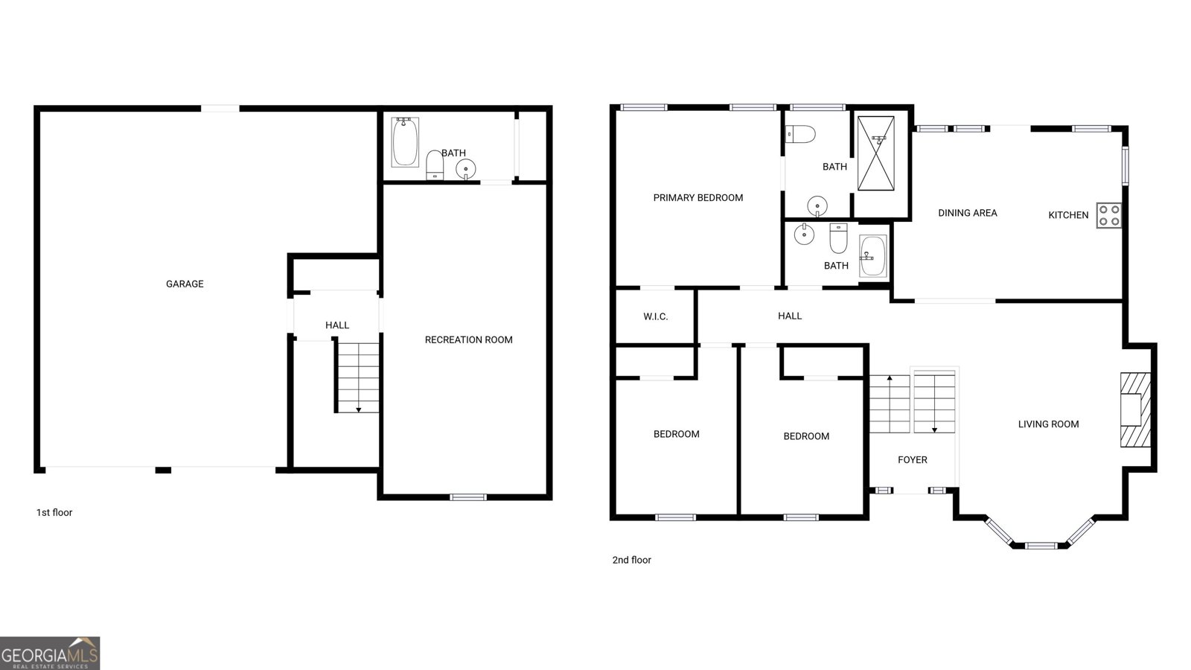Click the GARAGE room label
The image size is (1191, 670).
click(x=185, y=284)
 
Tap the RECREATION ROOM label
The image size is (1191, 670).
click(x=468, y=339)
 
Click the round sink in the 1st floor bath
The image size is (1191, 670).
click(x=466, y=168)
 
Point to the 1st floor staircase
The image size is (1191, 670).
click(x=358, y=377)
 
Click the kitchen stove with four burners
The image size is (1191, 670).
click(x=1108, y=215)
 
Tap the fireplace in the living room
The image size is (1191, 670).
click(x=1135, y=409)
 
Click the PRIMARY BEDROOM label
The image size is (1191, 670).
click(x=697, y=197)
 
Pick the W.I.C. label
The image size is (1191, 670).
click(x=655, y=316)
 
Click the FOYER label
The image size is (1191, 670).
click(x=912, y=460)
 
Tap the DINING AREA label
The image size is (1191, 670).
click(x=967, y=213)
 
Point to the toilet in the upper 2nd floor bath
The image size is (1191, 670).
click(x=800, y=134)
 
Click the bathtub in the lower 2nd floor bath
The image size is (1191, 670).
click(x=872, y=255)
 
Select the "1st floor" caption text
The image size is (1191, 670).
click(x=54, y=512)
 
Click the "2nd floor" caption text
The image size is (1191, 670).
click(x=631, y=560)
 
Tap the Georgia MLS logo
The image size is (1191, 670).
click(x=50, y=653)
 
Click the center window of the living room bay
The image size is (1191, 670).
click(x=1041, y=546)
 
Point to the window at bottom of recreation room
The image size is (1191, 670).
click(x=468, y=497)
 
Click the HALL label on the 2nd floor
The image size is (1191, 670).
click(x=789, y=316)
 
